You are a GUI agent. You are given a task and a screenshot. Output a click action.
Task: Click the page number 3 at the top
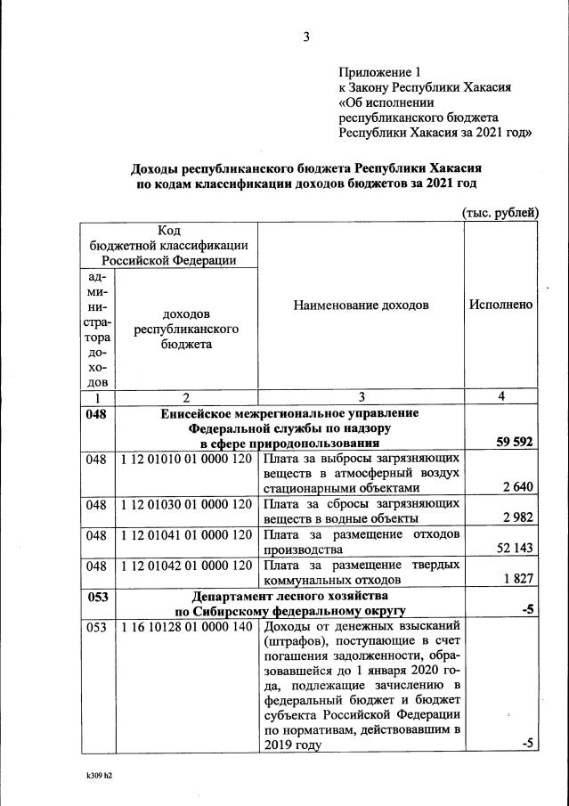click(305, 37)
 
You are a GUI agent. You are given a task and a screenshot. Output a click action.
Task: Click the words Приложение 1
click(378, 72)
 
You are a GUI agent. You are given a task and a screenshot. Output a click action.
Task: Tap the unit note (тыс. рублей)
click(500, 212)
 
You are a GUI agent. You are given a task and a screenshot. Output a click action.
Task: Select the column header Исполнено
click(500, 305)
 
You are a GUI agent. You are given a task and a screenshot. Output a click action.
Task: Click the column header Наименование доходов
click(361, 305)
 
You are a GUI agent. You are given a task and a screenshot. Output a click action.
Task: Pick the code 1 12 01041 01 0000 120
click(186, 534)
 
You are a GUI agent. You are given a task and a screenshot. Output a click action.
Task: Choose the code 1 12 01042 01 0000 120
click(186, 565)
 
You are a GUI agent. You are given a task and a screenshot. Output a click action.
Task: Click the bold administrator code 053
click(96, 595)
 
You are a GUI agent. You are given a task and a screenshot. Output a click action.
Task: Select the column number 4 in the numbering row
click(500, 397)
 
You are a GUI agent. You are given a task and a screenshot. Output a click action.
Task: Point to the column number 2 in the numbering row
click(186, 397)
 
